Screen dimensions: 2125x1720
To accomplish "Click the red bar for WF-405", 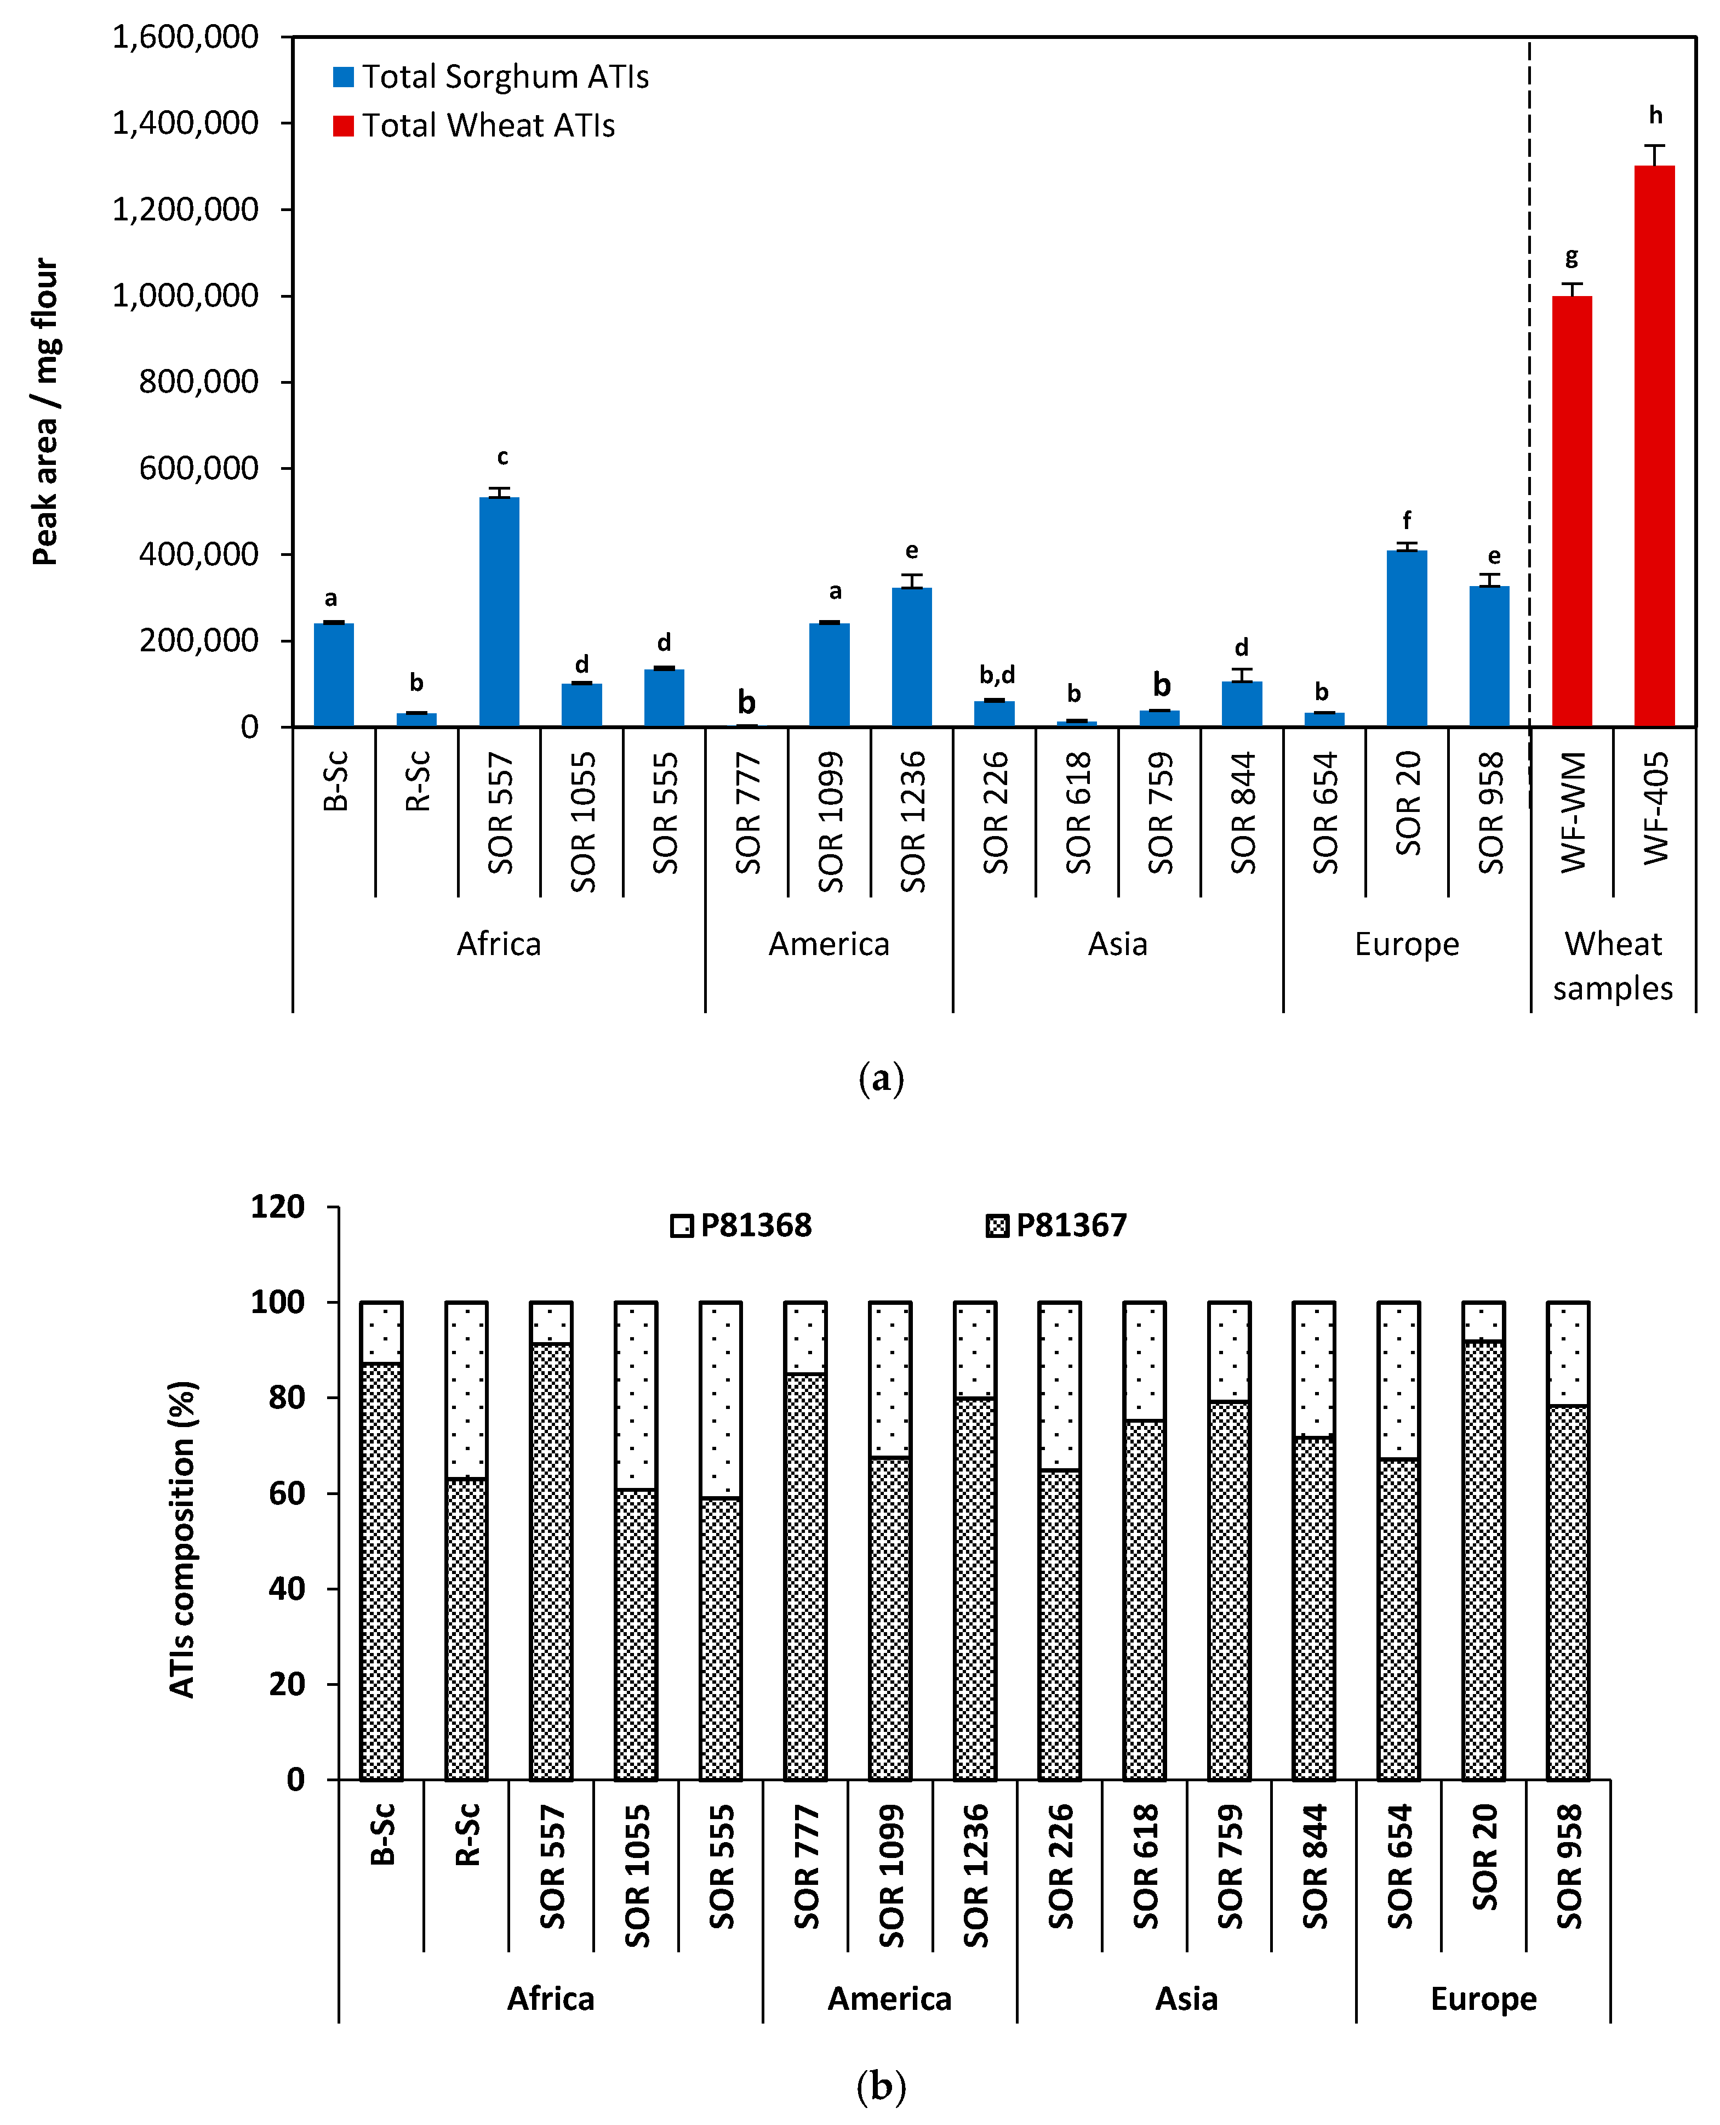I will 1654,446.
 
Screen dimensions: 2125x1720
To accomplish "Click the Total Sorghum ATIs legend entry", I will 490,76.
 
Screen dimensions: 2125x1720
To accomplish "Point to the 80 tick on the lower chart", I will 287,1397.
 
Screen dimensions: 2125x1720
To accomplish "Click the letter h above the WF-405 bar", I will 1655,115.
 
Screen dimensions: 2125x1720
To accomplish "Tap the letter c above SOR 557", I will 502,457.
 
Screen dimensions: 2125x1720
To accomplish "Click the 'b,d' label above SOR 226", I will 997,675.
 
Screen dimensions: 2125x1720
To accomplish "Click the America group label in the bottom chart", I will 889,1999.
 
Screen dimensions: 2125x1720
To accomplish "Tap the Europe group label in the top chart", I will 1406,944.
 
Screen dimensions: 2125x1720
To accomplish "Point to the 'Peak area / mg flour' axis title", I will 45,411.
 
